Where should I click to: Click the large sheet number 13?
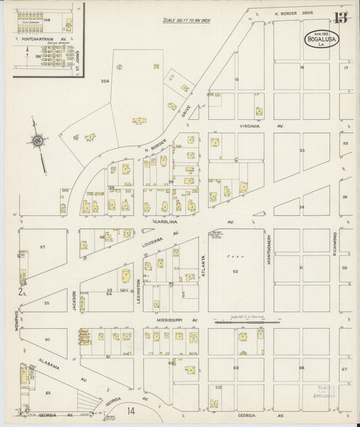pyautogui.click(x=342, y=18)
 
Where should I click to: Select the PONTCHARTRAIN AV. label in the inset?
pyautogui.click(x=41, y=41)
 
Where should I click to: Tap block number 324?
pyautogui.click(x=105, y=81)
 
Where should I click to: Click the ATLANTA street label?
pyautogui.click(x=201, y=259)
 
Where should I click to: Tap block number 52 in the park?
pyautogui.click(x=236, y=272)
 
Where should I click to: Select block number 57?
pyautogui.click(x=43, y=247)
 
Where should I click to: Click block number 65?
pyautogui.click(x=48, y=392)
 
